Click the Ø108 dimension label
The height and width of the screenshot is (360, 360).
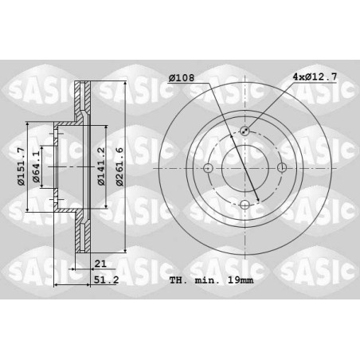(x=182, y=78)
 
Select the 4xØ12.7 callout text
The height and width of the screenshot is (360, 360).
(x=315, y=77)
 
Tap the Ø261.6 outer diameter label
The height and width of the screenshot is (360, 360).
(x=119, y=166)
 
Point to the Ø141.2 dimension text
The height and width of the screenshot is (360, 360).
(x=101, y=166)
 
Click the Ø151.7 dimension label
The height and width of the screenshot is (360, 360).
(x=21, y=166)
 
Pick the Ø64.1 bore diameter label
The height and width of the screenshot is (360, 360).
(x=36, y=166)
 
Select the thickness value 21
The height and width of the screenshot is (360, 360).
(x=100, y=264)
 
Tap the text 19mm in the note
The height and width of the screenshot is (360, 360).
(x=241, y=280)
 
